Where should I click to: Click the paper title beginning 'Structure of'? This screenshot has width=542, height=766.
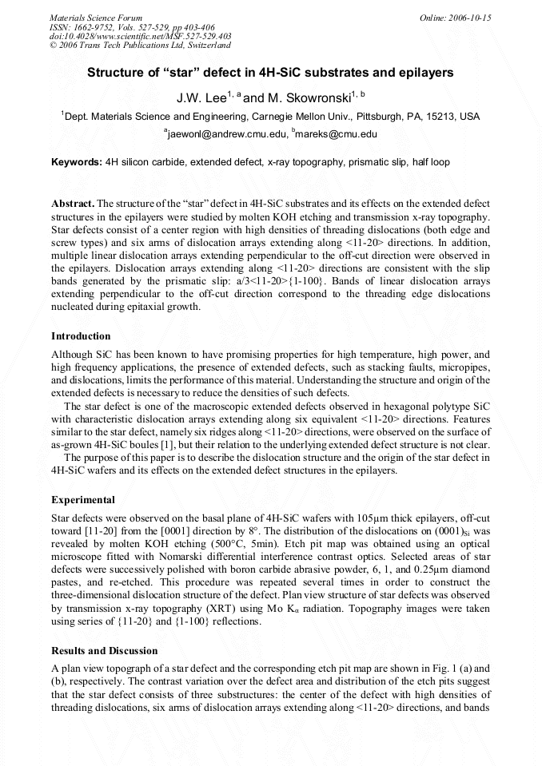click(x=270, y=73)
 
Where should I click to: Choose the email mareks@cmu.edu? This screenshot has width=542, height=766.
click(x=337, y=135)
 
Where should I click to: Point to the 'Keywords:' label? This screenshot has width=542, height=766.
click(x=77, y=162)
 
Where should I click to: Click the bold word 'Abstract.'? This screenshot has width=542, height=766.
click(x=73, y=204)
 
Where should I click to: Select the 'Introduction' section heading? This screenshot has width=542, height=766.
click(x=81, y=335)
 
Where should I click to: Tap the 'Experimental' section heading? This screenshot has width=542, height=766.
click(x=83, y=500)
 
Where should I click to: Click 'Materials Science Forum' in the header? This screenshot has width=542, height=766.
click(x=96, y=18)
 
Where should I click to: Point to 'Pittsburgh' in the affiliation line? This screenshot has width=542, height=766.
click(x=385, y=117)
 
